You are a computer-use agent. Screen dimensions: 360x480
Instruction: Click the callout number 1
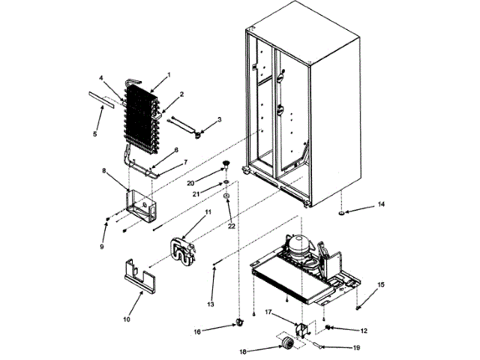[169, 75]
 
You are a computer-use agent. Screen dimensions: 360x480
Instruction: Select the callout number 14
[381, 204]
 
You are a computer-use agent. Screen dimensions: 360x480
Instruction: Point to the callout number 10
[127, 319]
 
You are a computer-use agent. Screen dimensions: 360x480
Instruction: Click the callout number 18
[242, 350]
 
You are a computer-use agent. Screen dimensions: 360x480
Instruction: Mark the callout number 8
[104, 172]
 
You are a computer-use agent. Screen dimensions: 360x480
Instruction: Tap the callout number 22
[231, 225]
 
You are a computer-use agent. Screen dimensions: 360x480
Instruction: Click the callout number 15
[381, 284]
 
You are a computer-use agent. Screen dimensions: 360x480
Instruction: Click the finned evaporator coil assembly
[142, 117]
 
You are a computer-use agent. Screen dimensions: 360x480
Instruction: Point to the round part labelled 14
[342, 214]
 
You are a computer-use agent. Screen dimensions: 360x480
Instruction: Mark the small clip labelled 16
[240, 322]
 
